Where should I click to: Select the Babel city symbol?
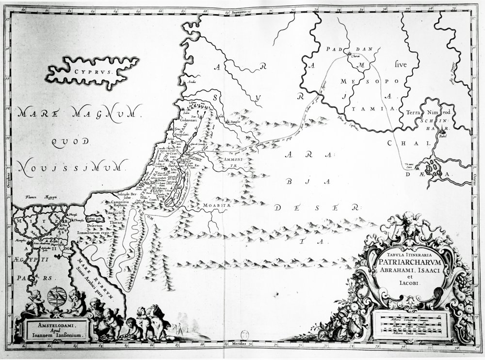pos(442,131)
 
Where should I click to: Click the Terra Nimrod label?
pos(421,110)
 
